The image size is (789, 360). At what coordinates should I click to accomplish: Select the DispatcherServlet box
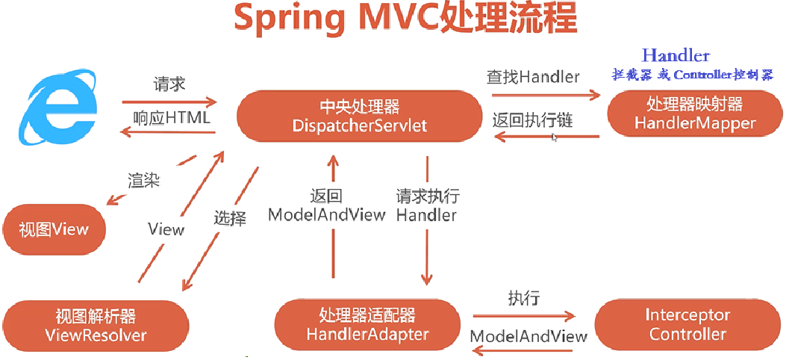360,116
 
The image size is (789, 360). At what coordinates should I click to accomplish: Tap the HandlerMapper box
694,114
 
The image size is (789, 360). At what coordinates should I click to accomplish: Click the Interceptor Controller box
687,325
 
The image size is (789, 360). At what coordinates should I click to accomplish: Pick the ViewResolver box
95,325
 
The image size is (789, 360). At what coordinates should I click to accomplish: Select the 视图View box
54,229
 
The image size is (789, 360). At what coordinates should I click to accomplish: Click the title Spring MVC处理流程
405,20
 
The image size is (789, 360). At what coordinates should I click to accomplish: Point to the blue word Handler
676,55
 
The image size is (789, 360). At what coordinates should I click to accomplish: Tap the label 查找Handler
533,77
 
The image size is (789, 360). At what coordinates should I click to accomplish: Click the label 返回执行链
532,120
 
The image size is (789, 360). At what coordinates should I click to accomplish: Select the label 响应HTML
172,118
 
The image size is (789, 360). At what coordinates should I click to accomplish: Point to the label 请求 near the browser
169,83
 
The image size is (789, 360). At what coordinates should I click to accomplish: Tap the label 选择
229,219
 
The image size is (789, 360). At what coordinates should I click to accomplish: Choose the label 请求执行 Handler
427,205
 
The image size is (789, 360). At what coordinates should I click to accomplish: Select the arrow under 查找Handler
543,95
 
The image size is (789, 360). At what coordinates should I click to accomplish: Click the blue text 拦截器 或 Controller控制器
693,75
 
